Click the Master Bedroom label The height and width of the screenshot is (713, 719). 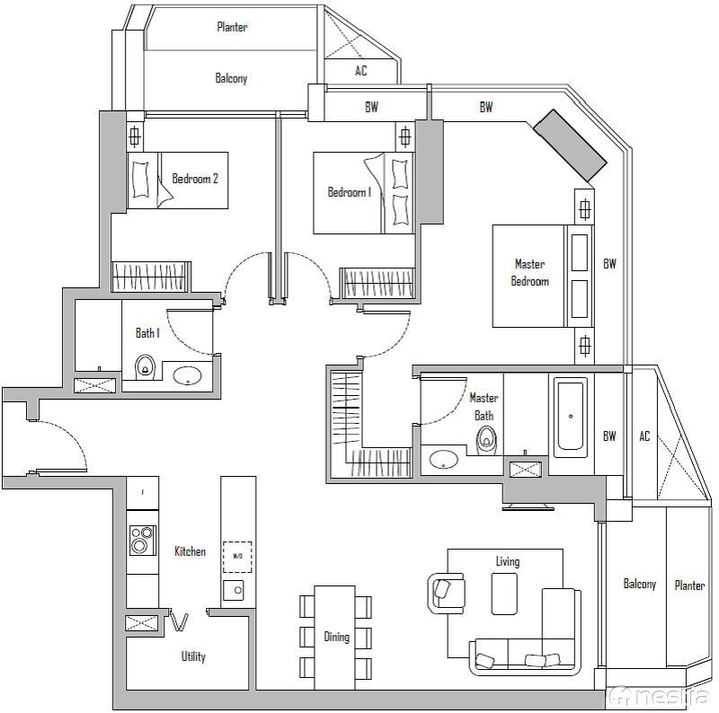coord(529,272)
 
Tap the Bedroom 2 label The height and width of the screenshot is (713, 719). coord(195,179)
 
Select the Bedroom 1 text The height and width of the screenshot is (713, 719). coord(349,192)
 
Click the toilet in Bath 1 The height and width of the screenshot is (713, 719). coord(145,368)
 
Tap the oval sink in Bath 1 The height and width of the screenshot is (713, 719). coord(187,375)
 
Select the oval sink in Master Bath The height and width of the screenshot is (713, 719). coord(442,460)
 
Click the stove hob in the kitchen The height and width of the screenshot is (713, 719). coord(142,540)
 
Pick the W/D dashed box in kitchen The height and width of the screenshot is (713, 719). coord(237,557)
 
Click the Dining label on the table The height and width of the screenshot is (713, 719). coord(336,637)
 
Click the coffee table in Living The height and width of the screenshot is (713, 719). coord(504,594)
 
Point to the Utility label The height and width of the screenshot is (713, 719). coord(193,656)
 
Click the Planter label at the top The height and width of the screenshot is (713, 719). coord(232,27)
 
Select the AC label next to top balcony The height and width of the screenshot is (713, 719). coord(360,71)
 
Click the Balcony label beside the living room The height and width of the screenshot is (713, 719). coord(640,584)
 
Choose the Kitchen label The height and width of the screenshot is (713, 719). coord(190,551)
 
